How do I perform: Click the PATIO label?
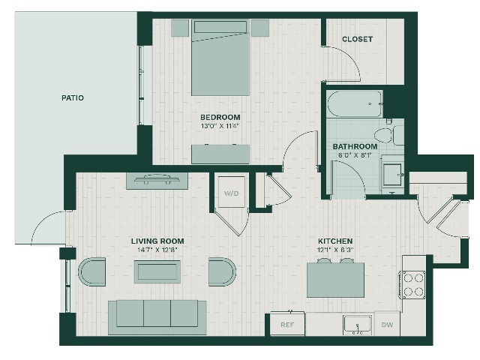point(73,98)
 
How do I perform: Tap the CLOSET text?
point(357,39)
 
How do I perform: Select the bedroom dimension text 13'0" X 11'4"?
point(220,126)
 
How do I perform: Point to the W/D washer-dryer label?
point(232,193)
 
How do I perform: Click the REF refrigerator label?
point(287,325)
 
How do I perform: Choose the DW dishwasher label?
point(387,325)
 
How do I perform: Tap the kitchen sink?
point(357,325)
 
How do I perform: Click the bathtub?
point(355,103)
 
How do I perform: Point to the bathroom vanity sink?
point(393,175)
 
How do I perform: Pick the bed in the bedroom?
point(220,58)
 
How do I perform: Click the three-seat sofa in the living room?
point(157,317)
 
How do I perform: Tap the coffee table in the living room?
point(157,271)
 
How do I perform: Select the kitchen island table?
point(335,280)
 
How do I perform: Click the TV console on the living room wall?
point(157,181)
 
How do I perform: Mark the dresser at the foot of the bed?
point(220,154)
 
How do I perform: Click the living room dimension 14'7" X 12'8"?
point(157,250)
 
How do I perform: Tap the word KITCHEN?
point(335,241)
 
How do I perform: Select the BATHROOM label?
point(355,147)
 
